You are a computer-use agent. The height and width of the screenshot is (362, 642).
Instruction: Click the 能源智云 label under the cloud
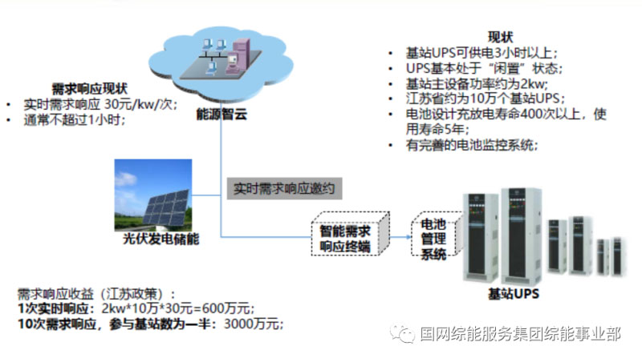(221, 115)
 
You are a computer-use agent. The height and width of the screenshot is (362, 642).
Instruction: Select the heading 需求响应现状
(89, 88)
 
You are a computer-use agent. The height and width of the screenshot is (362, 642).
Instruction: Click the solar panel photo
(152, 193)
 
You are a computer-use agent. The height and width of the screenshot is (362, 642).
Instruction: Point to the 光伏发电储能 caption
(154, 239)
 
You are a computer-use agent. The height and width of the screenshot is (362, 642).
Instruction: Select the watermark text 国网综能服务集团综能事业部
(520, 335)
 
